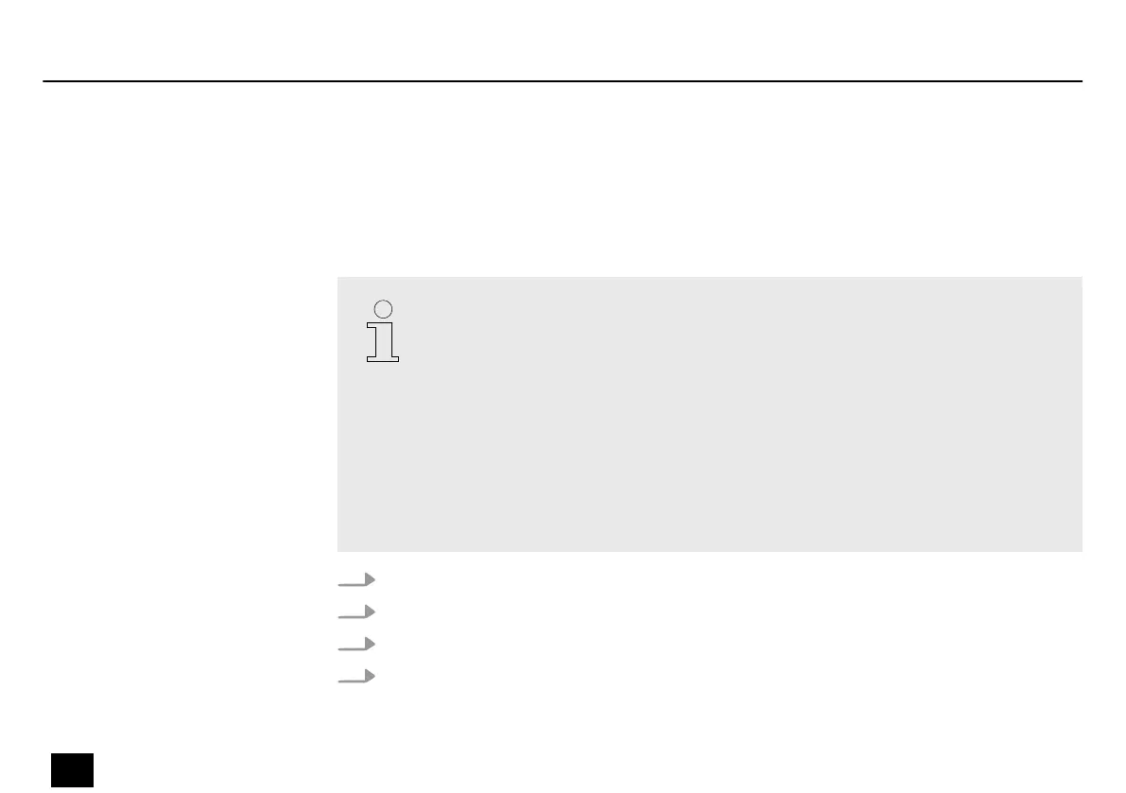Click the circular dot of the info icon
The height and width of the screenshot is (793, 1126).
(383, 308)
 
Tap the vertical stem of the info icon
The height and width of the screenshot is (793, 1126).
(383, 338)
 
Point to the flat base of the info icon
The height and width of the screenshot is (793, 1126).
(383, 357)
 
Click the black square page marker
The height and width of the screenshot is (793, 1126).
(73, 769)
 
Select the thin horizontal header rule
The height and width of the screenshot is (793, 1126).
(563, 81)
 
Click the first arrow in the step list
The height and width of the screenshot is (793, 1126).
(356, 579)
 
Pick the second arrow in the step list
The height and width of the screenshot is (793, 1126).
(356, 612)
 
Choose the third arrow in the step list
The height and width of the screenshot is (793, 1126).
(356, 644)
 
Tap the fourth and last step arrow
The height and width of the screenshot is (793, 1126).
(356, 676)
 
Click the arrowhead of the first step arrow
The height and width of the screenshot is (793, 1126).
(370, 579)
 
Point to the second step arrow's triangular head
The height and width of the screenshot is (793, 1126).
(370, 612)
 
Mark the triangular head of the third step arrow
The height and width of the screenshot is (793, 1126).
(370, 644)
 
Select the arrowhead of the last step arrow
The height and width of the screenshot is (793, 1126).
(370, 676)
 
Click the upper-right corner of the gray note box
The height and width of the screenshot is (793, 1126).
(1081, 279)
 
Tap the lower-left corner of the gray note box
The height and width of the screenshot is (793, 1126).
(338, 550)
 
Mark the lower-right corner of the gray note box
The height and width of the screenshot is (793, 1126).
(1081, 550)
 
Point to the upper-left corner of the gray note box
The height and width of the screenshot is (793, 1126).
(338, 279)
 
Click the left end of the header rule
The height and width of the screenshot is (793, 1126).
(44, 81)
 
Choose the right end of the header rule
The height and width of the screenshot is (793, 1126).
(1081, 81)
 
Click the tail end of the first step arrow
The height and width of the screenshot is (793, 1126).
(339, 584)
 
